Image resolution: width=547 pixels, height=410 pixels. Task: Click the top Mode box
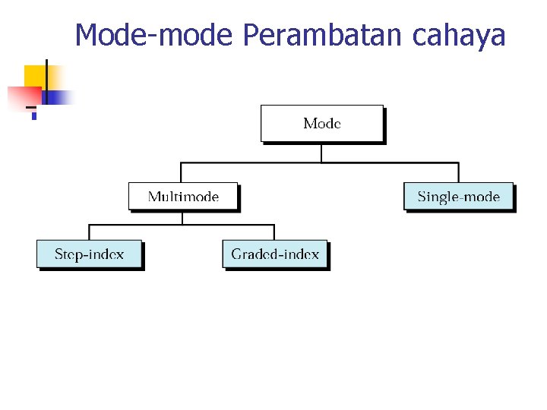tap(322, 123)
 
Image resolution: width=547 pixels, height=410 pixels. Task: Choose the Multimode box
tap(183, 197)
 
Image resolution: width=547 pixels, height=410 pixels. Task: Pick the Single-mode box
tap(458, 197)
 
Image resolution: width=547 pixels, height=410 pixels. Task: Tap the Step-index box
tap(89, 254)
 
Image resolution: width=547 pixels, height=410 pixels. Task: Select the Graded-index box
tap(275, 254)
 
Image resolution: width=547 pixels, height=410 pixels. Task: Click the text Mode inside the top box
tap(322, 123)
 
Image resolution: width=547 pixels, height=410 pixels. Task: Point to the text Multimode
tap(183, 197)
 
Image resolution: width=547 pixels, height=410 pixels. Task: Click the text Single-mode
tap(458, 197)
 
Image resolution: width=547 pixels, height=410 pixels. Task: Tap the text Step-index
tap(89, 254)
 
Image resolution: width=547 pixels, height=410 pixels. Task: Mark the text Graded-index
tap(275, 254)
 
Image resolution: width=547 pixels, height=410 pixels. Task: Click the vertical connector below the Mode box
tap(322, 152)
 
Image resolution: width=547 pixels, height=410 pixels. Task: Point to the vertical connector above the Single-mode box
tap(458, 172)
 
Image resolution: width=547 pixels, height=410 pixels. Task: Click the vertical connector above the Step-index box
tap(89, 232)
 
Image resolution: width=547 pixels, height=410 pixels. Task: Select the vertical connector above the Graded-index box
tap(274, 232)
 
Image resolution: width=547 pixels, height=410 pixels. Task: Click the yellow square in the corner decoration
tap(35, 76)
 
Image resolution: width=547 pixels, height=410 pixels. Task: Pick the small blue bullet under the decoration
tap(33, 116)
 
